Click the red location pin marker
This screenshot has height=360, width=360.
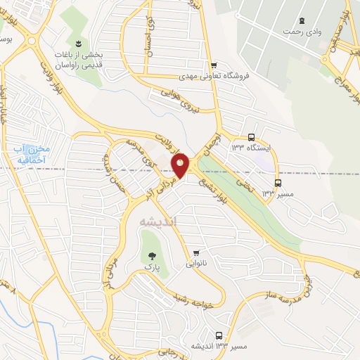tap(181, 165)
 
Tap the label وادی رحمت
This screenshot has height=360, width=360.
tap(302, 32)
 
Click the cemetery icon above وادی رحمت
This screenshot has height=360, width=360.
tap(302, 20)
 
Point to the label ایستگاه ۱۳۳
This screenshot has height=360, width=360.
tap(257, 149)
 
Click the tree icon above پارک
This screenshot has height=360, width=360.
tap(148, 255)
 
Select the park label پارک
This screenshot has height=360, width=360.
tap(148, 268)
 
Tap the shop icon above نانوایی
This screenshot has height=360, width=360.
tap(196, 253)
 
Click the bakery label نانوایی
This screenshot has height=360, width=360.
tap(197, 265)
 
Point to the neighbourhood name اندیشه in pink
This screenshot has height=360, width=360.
tap(156, 221)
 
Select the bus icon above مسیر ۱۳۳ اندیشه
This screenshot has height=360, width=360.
tap(219, 335)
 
